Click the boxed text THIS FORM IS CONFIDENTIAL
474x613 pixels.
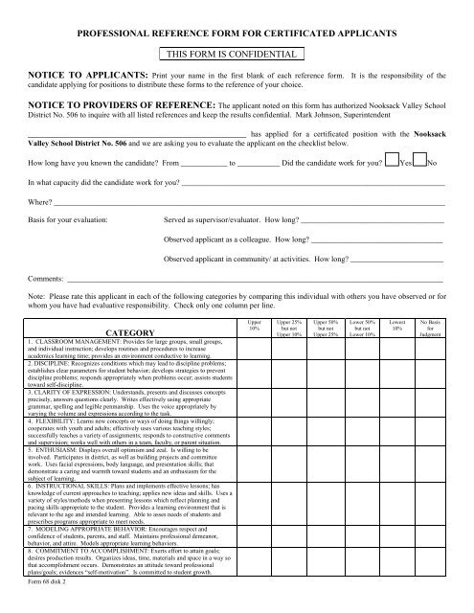236,55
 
